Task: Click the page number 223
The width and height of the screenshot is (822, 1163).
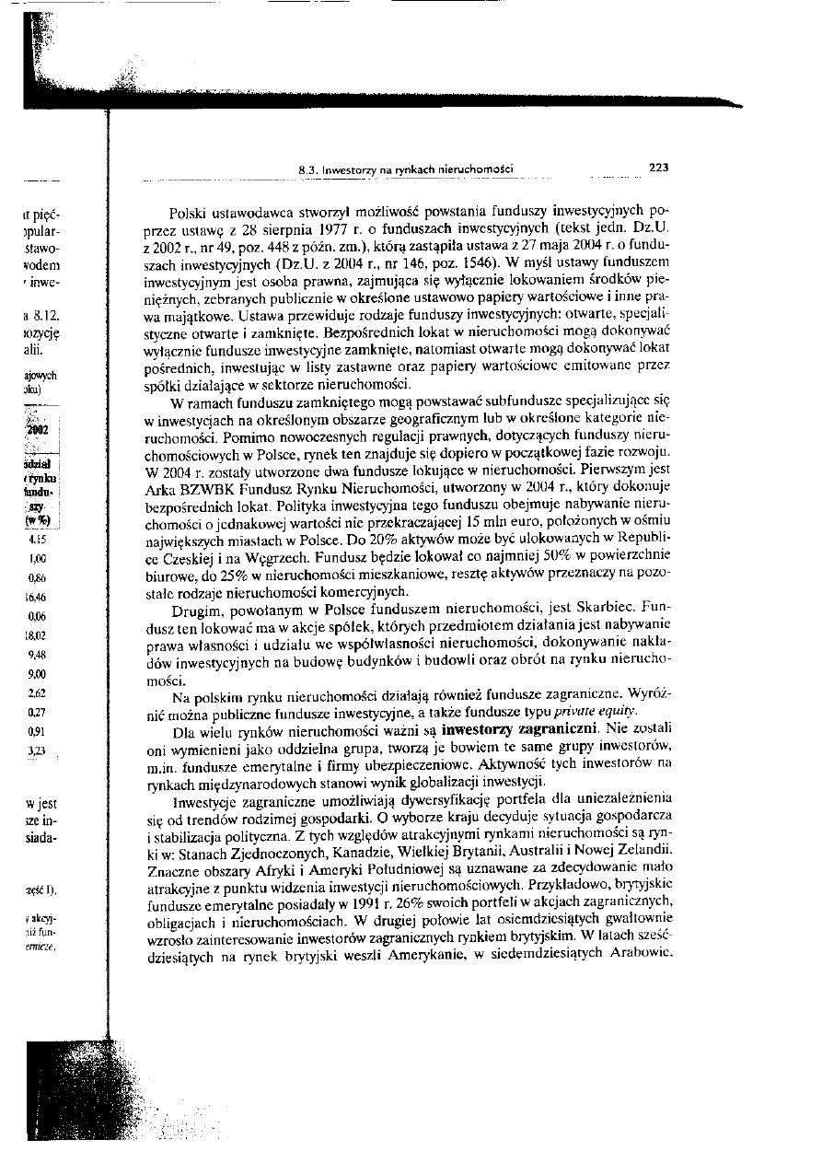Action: tap(658, 168)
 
